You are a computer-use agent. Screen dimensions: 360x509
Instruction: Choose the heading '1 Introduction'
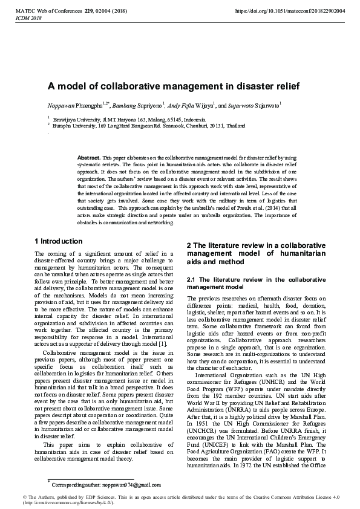coord(59,241)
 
